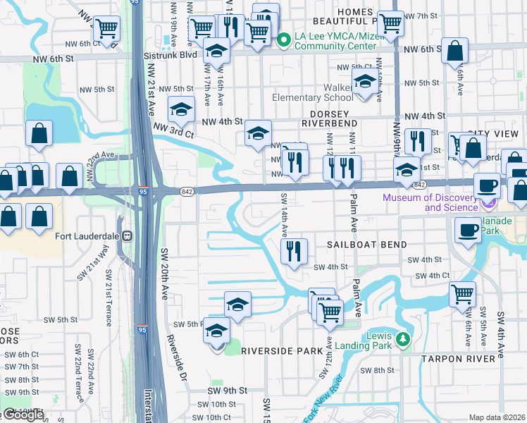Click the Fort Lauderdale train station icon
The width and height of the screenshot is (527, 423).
tap(128, 235)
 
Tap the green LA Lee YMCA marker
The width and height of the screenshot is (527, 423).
tap(284, 40)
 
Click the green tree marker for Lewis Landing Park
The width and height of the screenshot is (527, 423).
tap(402, 340)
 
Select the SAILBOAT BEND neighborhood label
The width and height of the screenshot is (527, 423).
tap(366, 245)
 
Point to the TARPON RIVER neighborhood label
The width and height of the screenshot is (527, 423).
tap(458, 359)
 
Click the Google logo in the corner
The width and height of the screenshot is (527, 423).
tap(23, 415)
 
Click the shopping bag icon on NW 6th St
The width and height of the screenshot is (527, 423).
tap(456, 51)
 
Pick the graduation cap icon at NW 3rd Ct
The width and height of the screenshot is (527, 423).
tap(181, 109)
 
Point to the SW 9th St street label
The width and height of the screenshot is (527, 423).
tap(227, 390)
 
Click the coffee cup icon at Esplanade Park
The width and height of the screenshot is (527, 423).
tap(467, 229)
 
